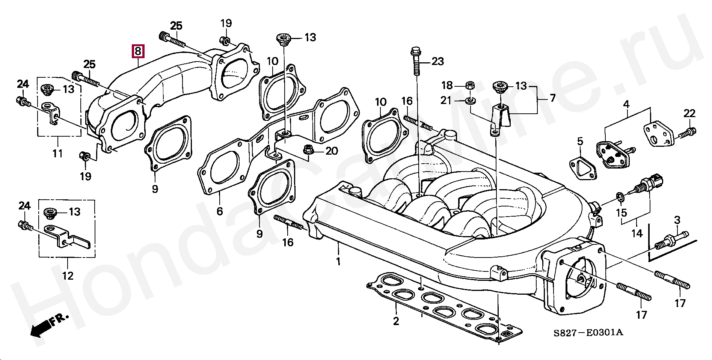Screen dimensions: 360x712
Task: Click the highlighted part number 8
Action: pos(138,51)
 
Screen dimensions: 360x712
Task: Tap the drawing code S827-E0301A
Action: pos(588,333)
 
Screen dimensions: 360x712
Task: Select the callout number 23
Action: pos(437,61)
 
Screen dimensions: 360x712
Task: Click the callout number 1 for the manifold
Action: pos(338,261)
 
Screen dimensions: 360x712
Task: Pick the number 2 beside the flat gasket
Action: pos(396,321)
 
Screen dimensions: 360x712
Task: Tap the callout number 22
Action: pos(689,113)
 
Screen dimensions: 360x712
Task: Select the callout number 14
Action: pos(637,233)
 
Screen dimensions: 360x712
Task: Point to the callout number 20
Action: pos(332,151)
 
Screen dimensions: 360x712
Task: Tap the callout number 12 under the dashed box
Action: pos(68,276)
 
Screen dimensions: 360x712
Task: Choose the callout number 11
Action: pos(57,153)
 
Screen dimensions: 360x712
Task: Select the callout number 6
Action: pos(220,211)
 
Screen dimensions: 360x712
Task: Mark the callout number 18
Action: pos(447,86)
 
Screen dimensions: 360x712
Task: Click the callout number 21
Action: pos(446,101)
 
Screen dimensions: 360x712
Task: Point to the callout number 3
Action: pos(677,220)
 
